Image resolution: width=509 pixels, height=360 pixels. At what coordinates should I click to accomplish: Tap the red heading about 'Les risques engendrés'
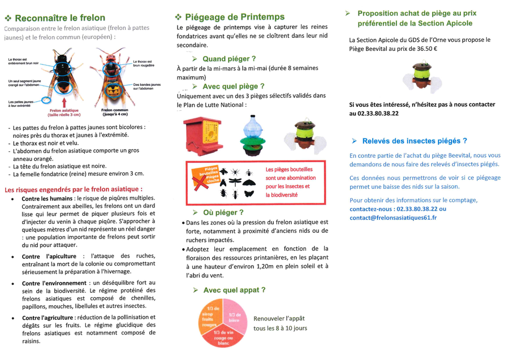(74, 189)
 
